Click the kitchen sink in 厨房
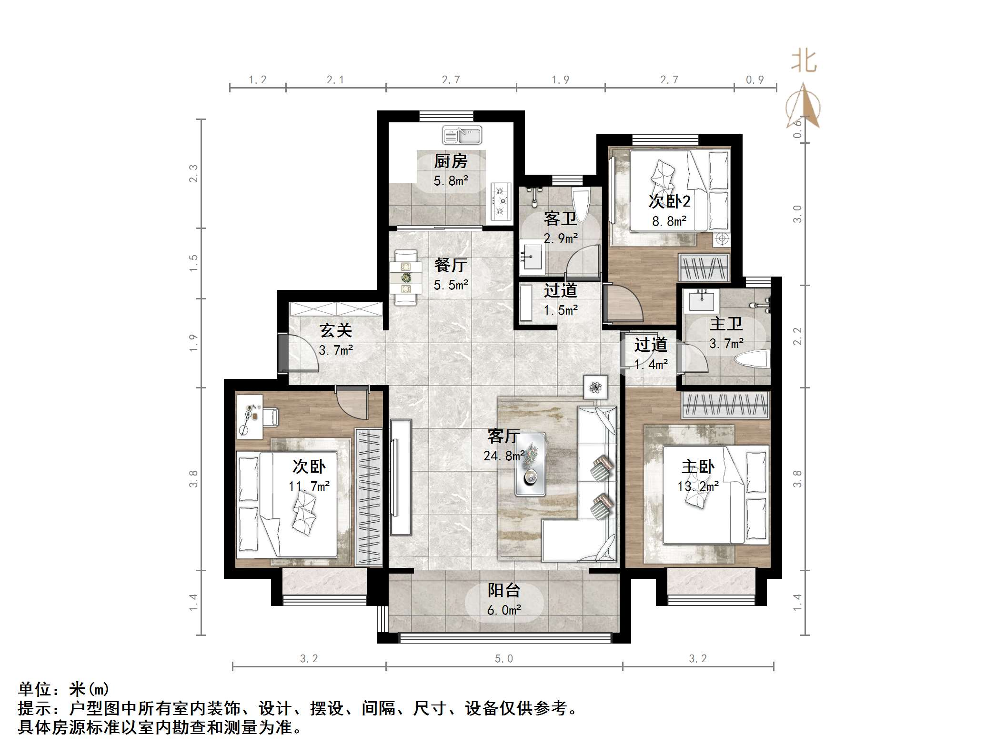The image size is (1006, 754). (x=462, y=135)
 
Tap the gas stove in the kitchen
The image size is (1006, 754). (x=501, y=201)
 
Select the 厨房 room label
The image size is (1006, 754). (x=451, y=161)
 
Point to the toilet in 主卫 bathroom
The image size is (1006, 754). (x=752, y=358)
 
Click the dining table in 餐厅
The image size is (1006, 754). (x=406, y=277)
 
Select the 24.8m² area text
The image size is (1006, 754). (x=504, y=456)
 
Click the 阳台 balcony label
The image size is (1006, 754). (x=504, y=590)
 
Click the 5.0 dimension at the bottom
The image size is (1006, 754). (x=504, y=658)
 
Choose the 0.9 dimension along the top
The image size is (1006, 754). (x=754, y=79)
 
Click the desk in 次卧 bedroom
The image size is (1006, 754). (x=250, y=416)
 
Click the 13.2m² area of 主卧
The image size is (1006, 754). (x=698, y=486)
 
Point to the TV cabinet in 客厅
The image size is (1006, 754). (x=401, y=477)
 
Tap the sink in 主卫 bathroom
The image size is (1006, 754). (x=700, y=301)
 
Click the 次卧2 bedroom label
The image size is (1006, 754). (x=669, y=202)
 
